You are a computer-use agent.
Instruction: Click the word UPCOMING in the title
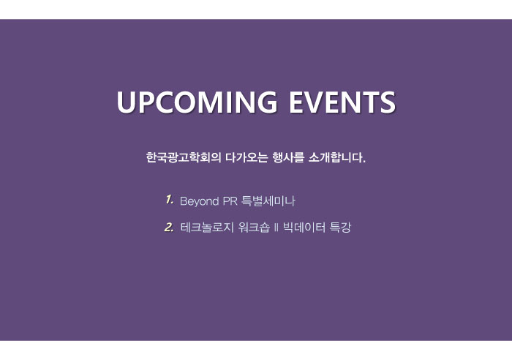[197, 102]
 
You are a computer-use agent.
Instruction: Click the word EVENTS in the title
[342, 102]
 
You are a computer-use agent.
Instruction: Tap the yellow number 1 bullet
[169, 200]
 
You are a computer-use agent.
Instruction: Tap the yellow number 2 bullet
[169, 227]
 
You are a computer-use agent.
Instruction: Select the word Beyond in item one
[199, 201]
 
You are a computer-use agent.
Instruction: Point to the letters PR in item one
[230, 201]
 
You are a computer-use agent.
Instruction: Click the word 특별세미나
[268, 200]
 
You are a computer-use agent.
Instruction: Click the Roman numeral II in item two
[276, 228]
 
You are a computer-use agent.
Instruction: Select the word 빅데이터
[304, 227]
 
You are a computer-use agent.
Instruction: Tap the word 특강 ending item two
[340, 227]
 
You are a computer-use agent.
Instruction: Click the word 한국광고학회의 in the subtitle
[184, 157]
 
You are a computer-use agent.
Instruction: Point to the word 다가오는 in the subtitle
[246, 157]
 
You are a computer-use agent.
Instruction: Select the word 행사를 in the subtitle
[288, 157]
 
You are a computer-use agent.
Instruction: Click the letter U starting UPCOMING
[126, 102]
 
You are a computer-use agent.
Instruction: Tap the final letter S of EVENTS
[387, 102]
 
